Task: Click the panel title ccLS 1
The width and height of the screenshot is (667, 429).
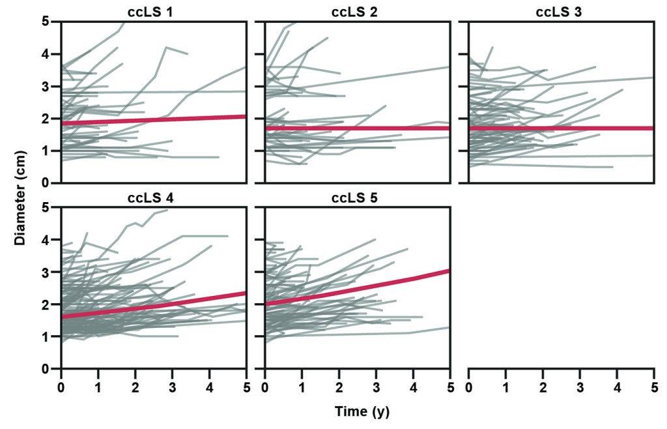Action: click(153, 11)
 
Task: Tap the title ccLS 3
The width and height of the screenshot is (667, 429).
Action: click(560, 11)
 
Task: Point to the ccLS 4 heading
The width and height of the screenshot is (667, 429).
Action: click(153, 198)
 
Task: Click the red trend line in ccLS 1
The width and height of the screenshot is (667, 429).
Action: click(153, 119)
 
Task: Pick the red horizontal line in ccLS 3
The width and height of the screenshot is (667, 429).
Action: click(560, 128)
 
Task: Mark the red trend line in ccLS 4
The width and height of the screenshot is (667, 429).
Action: click(153, 306)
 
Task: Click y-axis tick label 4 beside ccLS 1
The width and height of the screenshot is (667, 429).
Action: click(46, 54)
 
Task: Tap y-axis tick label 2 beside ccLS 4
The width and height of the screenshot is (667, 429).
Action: click(46, 304)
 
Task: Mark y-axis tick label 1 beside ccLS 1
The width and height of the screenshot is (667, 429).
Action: click(46, 151)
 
